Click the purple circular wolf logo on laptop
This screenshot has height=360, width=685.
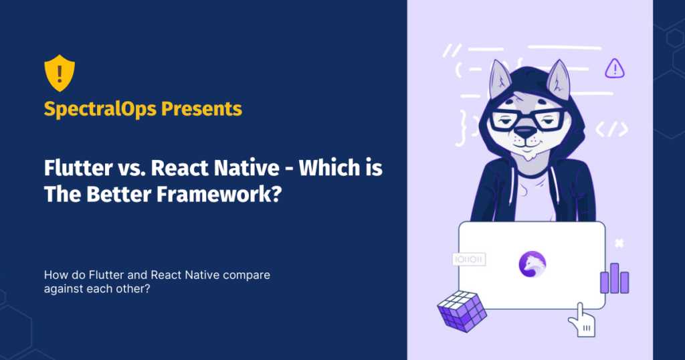[532, 265]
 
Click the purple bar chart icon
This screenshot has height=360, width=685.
[614, 278]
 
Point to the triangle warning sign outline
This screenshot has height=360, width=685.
[614, 68]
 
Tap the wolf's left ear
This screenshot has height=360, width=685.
[498, 79]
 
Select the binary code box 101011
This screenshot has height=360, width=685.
[468, 258]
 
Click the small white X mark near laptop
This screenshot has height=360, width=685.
[619, 244]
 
